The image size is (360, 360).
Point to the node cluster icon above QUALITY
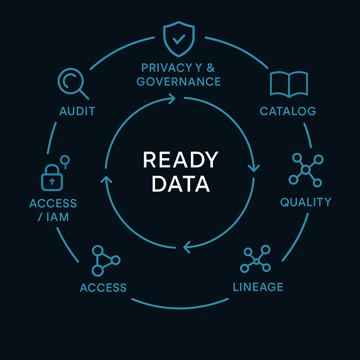tap(306, 170)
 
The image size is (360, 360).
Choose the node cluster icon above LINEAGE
tap(257, 260)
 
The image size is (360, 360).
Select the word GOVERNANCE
tap(178, 82)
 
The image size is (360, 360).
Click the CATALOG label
tap(288, 111)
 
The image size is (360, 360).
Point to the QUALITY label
tap(306, 202)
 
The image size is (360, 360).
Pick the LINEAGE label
tap(258, 287)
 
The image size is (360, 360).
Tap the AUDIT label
tap(77, 111)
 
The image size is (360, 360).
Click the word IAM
tap(58, 217)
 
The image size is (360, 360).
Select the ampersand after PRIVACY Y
tap(210, 68)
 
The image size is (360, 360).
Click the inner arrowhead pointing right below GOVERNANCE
tap(172, 98)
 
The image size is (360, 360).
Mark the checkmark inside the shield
tap(179, 39)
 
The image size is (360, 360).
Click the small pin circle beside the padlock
tap(65, 160)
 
